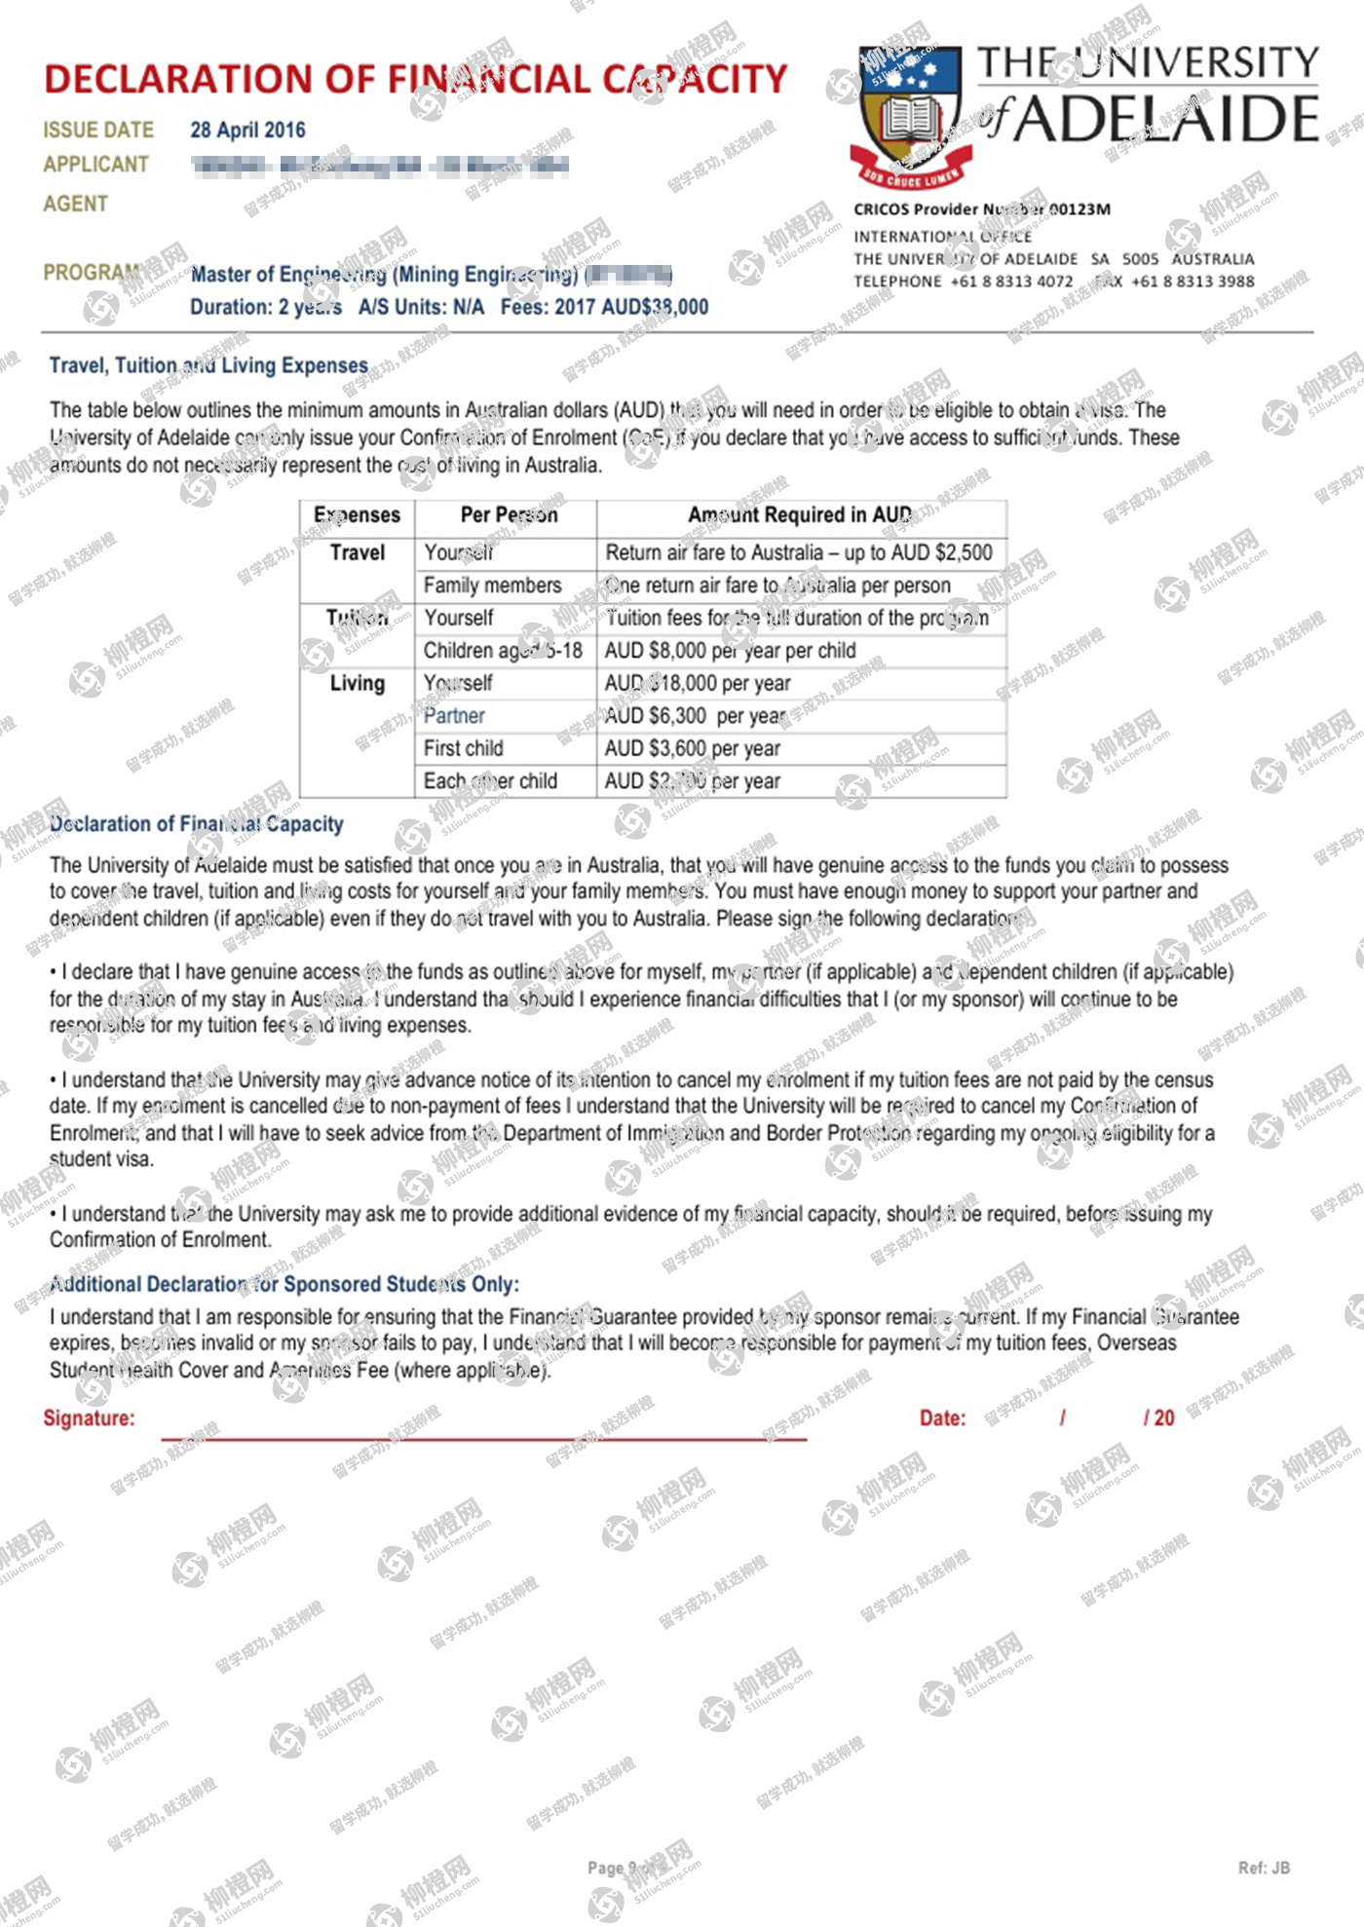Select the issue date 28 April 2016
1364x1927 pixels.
click(x=247, y=130)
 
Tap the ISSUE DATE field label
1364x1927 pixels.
click(x=98, y=130)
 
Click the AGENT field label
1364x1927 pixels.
click(x=75, y=204)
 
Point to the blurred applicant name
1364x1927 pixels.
click(x=379, y=166)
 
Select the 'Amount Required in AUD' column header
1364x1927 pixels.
click(x=800, y=514)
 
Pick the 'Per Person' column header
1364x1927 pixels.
click(x=509, y=514)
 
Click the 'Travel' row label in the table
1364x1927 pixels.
click(x=358, y=552)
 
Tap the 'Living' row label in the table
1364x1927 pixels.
click(x=358, y=683)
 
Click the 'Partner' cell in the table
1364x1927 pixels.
click(x=454, y=716)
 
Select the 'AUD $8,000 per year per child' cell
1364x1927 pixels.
click(x=731, y=651)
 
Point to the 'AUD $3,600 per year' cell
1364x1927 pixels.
click(x=693, y=748)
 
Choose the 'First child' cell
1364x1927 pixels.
click(x=464, y=748)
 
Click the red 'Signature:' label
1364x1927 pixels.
click(x=89, y=1417)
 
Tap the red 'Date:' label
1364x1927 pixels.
click(x=942, y=1417)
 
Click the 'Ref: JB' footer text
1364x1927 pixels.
click(x=1264, y=1868)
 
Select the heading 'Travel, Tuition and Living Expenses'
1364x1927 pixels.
click(x=208, y=365)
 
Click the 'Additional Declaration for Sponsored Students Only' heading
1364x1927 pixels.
click(x=284, y=1284)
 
